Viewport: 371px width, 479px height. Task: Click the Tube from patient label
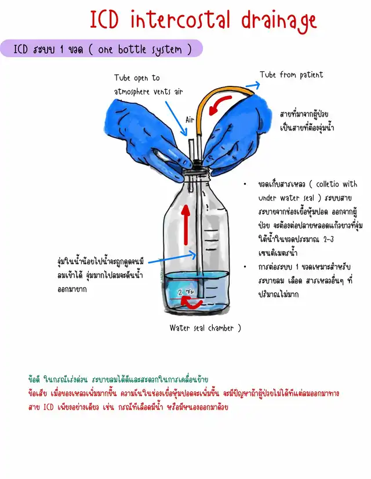[x=291, y=75]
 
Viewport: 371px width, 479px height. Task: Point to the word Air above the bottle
[x=190, y=120]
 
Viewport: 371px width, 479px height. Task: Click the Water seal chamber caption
[x=205, y=328]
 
